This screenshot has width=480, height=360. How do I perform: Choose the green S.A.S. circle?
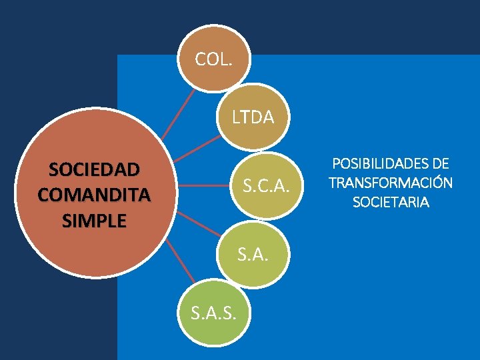coord(213,311)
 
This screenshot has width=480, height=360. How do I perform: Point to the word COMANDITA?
coord(94,195)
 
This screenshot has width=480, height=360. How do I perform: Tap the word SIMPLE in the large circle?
coord(94,221)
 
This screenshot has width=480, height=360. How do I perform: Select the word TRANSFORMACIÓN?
coord(391,183)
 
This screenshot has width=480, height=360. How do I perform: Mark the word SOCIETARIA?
coord(391,202)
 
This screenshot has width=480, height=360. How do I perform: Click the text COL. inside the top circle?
coord(213,60)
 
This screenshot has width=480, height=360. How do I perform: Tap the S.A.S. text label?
coord(213,311)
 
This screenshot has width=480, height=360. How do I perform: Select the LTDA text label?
coord(253,118)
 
